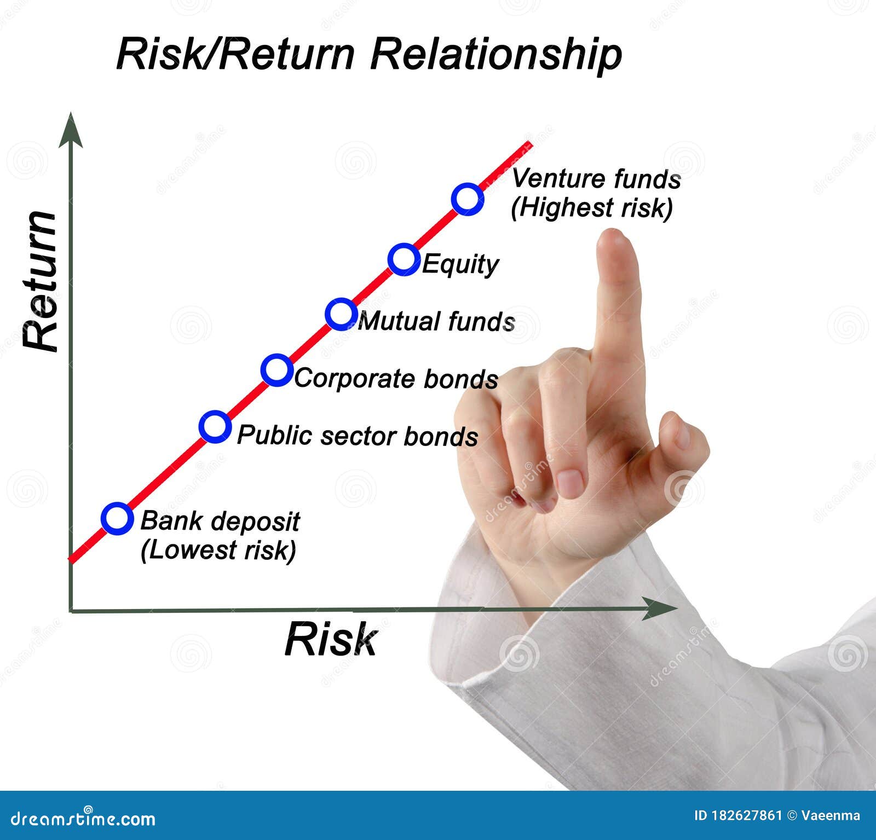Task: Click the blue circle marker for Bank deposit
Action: (x=117, y=518)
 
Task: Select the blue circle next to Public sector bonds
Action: (x=215, y=427)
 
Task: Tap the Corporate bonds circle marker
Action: (x=276, y=370)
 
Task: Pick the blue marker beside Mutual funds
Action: (x=341, y=314)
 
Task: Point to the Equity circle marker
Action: (x=404, y=259)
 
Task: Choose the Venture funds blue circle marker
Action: (x=468, y=199)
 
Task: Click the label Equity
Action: (x=460, y=264)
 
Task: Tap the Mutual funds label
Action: (x=436, y=321)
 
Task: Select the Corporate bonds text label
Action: (x=396, y=379)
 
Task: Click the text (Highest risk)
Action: (x=591, y=208)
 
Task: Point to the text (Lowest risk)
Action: (x=218, y=550)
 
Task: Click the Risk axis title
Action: (x=331, y=639)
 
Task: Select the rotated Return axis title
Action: (x=41, y=280)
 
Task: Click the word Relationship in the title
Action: (x=495, y=55)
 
